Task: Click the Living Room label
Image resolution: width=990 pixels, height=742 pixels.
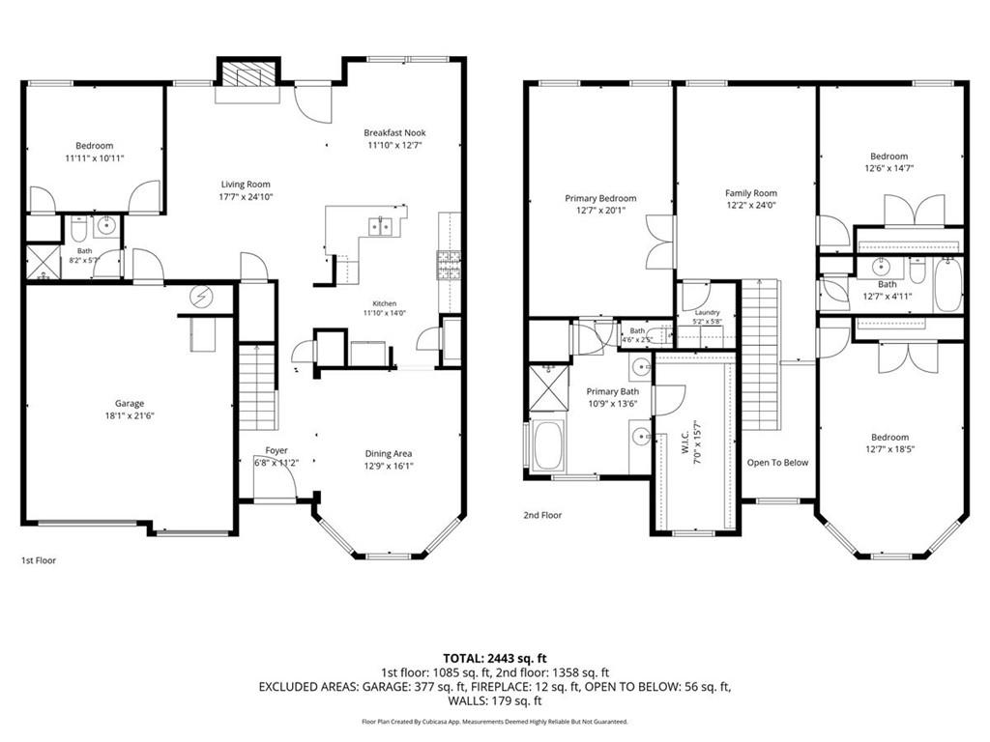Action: pos(246,185)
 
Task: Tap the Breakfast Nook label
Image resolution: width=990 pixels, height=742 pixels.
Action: pos(394,132)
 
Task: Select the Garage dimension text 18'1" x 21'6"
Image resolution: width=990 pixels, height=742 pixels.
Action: pos(130,415)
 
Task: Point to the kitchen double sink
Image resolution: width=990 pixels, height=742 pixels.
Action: pos(380,226)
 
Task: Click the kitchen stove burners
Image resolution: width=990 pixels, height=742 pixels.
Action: pos(449,265)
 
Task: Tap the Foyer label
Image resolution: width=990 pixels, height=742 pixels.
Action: pos(277,450)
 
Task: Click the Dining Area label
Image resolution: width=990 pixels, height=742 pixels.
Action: pos(389,454)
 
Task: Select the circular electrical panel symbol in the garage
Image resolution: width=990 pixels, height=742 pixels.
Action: pos(201,298)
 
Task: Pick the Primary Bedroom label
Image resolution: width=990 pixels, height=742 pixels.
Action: pos(600,198)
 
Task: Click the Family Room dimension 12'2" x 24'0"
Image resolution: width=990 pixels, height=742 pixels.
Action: pos(750,205)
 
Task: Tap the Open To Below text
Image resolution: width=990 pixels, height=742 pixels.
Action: pos(777,463)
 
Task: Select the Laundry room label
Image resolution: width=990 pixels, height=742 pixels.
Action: pos(707,312)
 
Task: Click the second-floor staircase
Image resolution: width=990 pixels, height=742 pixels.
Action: pos(760,356)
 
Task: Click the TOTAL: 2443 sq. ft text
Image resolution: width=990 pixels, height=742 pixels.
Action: pos(494,659)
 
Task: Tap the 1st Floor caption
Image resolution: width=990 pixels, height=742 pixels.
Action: pos(39,560)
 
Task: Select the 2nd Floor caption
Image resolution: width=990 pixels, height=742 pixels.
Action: pos(542,515)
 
